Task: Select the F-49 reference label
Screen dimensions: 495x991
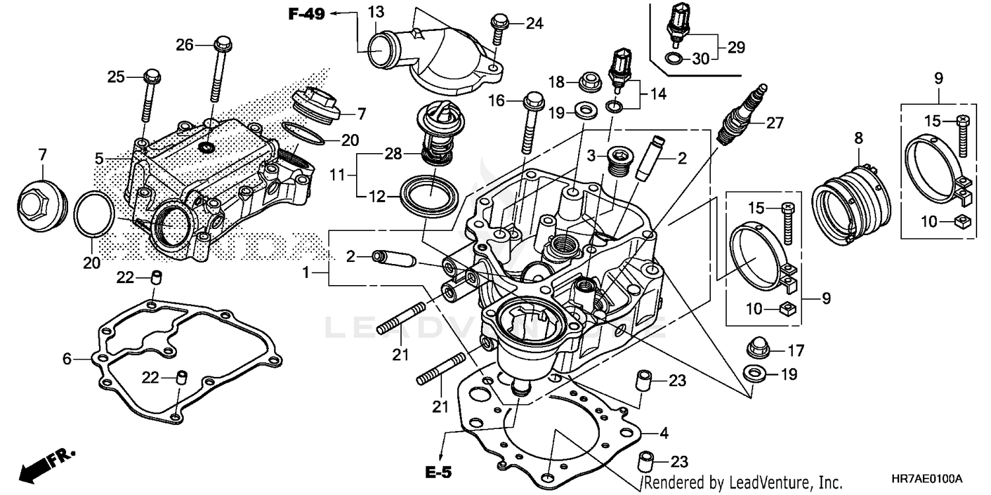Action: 307,14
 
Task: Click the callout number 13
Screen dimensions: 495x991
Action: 375,11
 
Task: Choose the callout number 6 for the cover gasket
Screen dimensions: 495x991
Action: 67,359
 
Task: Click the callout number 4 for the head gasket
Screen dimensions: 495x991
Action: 663,434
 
